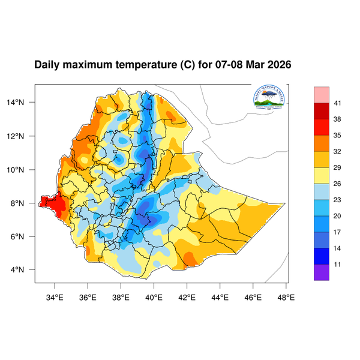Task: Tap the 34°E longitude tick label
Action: (55, 296)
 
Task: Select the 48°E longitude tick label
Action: (286, 296)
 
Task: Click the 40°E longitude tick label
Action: (154, 296)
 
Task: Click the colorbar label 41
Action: (337, 103)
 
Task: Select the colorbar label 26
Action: (337, 184)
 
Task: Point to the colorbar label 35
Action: (337, 136)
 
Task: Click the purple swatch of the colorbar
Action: (322, 273)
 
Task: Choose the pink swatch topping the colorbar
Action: (322, 95)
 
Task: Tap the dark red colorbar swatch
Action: (322, 111)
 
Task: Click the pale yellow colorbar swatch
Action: (322, 176)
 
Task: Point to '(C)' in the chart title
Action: (187, 64)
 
